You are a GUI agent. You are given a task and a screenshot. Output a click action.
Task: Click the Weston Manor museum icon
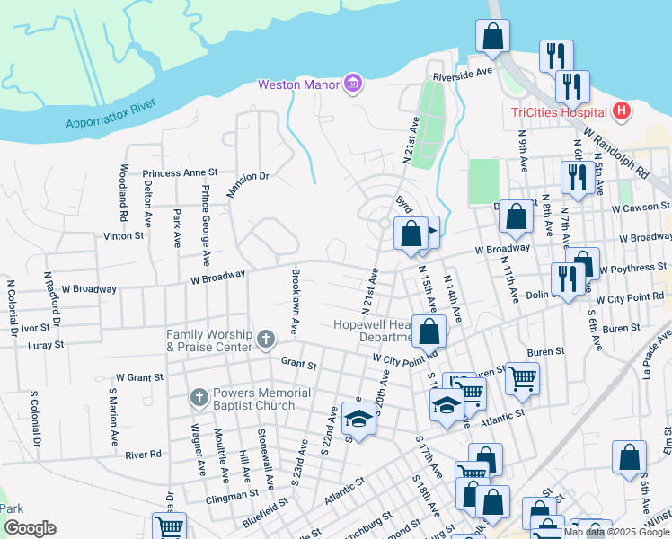[x=353, y=85]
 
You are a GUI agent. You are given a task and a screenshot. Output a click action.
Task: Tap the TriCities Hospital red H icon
[x=621, y=112]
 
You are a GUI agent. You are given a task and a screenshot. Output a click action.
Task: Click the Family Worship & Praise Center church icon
[x=265, y=340]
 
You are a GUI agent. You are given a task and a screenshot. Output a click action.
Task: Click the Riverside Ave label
[x=463, y=72]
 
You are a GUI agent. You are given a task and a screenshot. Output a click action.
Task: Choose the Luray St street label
[x=46, y=344]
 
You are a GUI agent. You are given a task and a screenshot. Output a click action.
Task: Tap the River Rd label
[x=143, y=455]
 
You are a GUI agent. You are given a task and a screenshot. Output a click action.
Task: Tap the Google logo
[x=30, y=528]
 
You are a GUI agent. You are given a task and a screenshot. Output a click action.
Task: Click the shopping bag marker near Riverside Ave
[x=493, y=38]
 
